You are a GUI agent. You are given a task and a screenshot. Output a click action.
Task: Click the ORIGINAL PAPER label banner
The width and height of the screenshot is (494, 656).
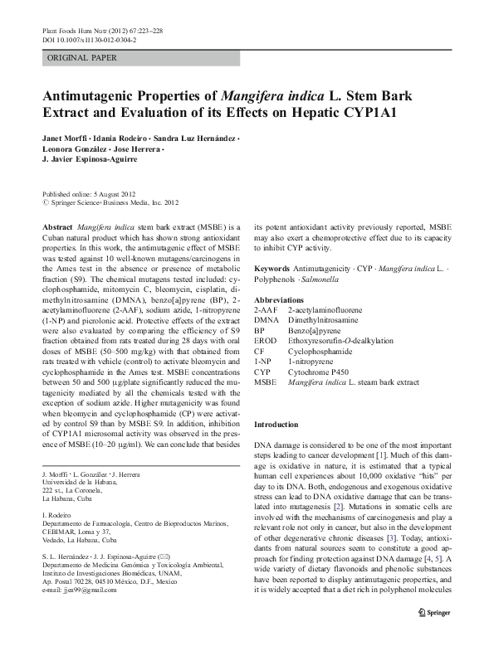pyautogui.click(x=81, y=58)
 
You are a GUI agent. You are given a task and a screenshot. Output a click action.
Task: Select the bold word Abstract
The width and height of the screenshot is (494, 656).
pyautogui.click(x=56, y=226)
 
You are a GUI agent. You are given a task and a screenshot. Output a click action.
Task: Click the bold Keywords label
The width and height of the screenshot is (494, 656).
pyautogui.click(x=276, y=270)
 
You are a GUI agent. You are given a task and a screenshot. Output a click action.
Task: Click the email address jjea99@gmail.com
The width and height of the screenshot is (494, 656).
pyautogui.click(x=81, y=589)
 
